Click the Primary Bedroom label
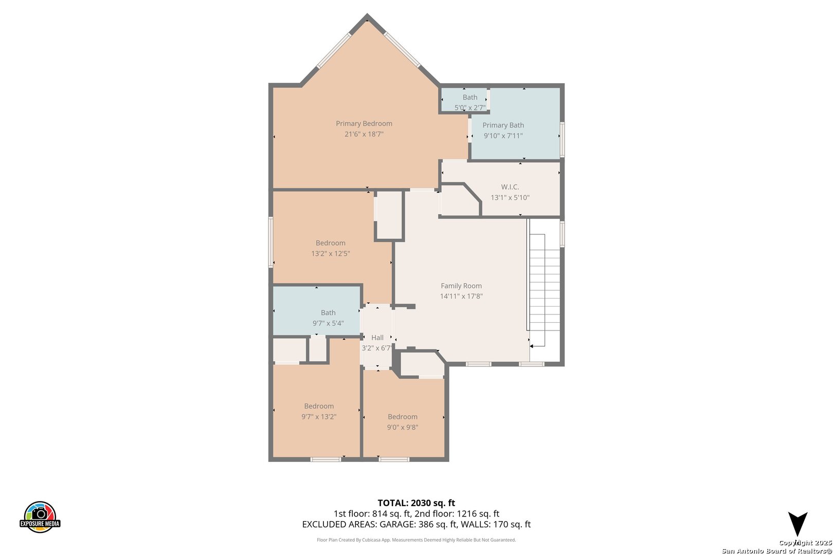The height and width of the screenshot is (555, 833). point(364,123)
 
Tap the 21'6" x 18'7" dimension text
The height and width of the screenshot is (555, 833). point(364,134)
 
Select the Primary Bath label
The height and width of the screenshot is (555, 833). point(503,125)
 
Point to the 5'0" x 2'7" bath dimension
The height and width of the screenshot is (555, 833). point(470,108)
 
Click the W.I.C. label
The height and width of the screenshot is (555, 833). point(510,187)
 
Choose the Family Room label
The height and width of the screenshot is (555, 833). point(461,286)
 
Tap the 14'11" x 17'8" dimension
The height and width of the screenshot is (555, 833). point(461,297)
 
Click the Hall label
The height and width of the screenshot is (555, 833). point(377,338)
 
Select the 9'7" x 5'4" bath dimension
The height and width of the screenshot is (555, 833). point(328,323)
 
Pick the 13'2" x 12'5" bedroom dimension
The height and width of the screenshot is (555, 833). point(331,253)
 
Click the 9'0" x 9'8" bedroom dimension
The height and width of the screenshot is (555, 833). point(403,428)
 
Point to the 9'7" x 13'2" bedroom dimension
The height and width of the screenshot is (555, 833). point(319,417)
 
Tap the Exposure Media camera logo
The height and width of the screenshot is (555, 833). point(40,516)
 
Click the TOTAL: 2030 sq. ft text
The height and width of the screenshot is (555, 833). point(416,503)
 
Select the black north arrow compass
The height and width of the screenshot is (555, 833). point(798,524)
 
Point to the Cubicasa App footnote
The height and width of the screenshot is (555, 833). point(416,540)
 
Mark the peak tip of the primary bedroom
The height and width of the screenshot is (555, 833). point(367,14)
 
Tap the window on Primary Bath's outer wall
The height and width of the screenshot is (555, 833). point(563,139)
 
